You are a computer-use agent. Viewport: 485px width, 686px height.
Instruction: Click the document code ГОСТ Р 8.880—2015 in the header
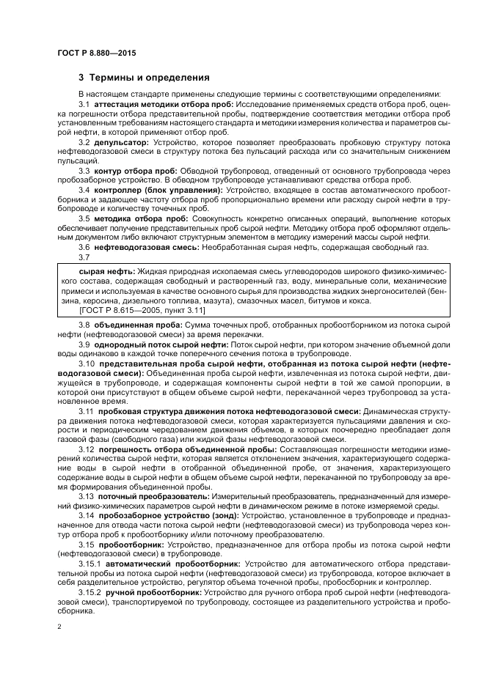point(95,53)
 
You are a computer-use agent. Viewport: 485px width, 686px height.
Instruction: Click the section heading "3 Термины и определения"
point(144,77)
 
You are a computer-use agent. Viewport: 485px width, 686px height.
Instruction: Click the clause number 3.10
point(86,363)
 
